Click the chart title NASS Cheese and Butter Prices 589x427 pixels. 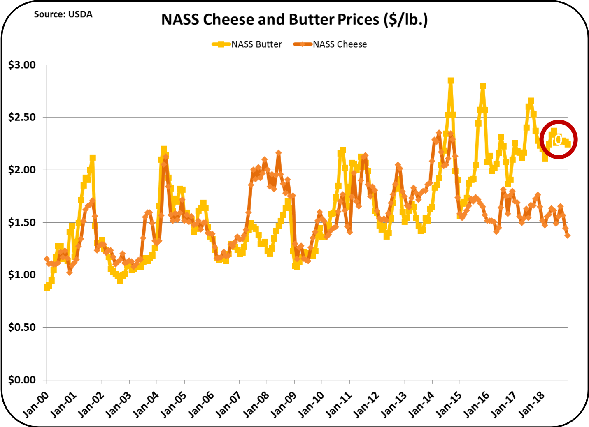[x=294, y=19]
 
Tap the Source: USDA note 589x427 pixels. [x=63, y=14]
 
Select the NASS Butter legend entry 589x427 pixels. [x=247, y=44]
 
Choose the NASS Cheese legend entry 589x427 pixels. [x=330, y=44]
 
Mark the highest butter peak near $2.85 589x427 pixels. [x=451, y=81]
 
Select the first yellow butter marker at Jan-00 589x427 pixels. [x=47, y=287]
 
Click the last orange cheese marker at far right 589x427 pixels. [x=568, y=235]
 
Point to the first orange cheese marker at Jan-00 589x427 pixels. [x=47, y=259]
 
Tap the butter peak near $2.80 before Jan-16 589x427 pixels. [x=483, y=86]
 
